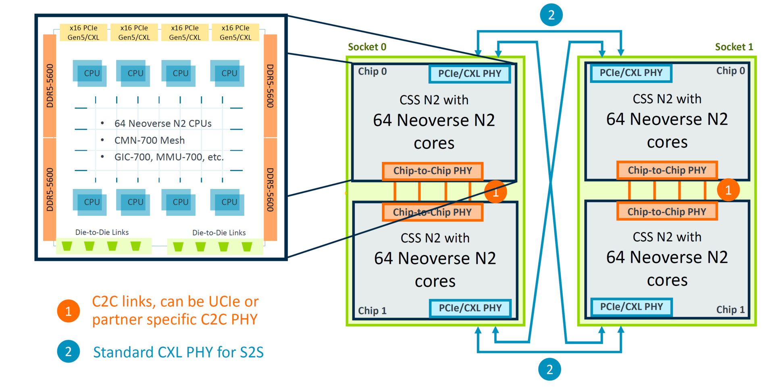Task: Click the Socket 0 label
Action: [367, 47]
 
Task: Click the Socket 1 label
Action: [734, 47]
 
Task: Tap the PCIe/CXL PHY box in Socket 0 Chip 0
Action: [470, 74]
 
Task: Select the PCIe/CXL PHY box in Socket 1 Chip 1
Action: [631, 307]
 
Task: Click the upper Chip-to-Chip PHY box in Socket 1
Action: [667, 170]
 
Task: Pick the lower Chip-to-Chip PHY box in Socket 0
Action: [432, 212]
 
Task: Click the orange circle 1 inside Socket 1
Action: [728, 190]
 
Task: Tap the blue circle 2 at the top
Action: [551, 15]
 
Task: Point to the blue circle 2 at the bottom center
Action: [549, 369]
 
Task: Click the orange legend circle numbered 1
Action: [68, 311]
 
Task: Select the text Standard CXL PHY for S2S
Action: [178, 352]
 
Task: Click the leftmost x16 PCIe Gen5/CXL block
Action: [83, 33]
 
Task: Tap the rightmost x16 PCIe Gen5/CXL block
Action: [235, 33]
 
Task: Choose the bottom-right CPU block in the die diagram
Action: [227, 202]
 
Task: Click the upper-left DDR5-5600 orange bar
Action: [50, 86]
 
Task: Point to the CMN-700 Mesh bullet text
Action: [149, 141]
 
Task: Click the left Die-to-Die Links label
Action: [102, 232]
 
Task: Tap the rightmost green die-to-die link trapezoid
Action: [247, 246]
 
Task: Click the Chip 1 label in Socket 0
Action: [372, 311]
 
